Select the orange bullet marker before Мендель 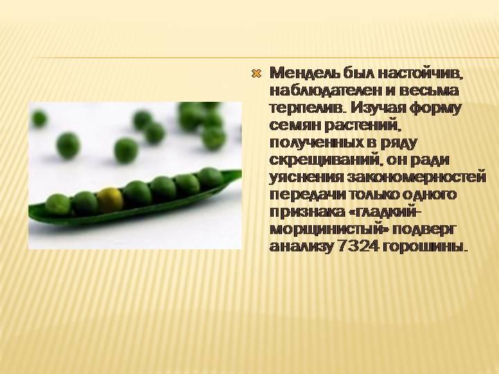point(256,74)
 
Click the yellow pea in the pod point(110,199)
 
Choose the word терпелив point(307,108)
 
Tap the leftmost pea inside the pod point(58,204)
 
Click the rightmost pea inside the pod point(211,179)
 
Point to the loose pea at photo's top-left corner point(39,118)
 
